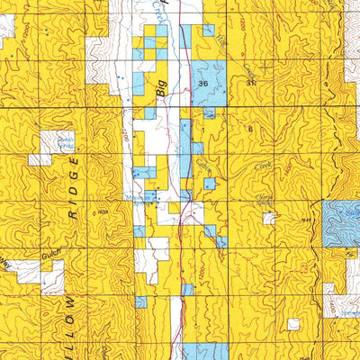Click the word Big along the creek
(163, 88)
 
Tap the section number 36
(202, 83)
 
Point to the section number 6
(248, 130)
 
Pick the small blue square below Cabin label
(209, 184)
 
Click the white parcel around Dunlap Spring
(52, 141)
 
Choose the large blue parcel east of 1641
(342, 220)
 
